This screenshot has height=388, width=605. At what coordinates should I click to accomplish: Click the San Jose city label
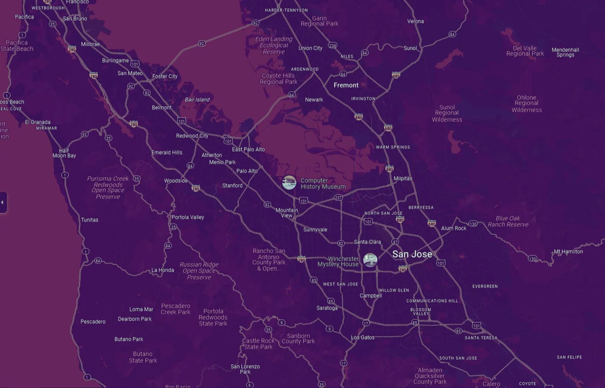coord(412,254)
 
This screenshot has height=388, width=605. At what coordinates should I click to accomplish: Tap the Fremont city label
coord(346,85)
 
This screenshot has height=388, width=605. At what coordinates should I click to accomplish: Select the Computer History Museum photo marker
coord(289,182)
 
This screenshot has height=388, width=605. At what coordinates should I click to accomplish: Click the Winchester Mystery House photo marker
coord(370,260)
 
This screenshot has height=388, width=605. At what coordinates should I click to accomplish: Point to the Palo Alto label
coord(247,171)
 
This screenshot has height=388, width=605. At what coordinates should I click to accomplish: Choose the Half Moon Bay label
coord(64,153)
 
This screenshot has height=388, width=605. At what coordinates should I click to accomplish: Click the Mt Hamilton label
coord(568,252)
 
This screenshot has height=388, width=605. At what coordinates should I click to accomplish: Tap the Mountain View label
coord(287,213)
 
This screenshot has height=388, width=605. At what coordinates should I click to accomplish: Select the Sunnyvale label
coord(315,229)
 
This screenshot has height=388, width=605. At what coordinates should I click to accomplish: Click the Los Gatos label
coord(363,338)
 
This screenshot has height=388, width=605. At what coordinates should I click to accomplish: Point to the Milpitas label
coord(403,178)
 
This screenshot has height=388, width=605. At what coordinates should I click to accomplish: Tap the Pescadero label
coord(93,321)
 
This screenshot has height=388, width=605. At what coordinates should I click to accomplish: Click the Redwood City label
coord(192,136)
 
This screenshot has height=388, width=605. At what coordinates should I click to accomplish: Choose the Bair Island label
coord(197,100)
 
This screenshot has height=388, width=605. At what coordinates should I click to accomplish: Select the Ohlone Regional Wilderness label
coord(527,104)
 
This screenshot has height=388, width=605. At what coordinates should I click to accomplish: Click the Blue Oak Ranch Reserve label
coord(508,221)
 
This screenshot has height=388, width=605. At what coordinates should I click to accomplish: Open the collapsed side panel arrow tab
coord(3,203)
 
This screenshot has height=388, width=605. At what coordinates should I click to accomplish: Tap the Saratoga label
coord(327,308)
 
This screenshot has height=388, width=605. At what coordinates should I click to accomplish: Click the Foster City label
coord(165,76)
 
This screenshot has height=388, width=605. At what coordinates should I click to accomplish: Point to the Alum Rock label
coord(454,228)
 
